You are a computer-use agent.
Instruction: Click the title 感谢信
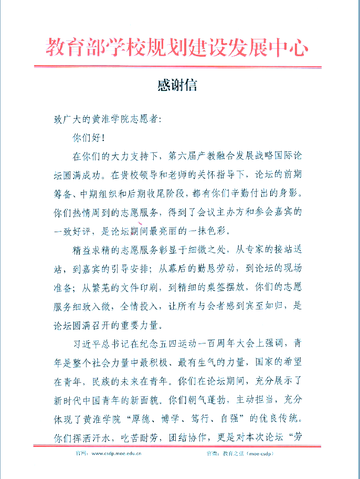click(x=177, y=86)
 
